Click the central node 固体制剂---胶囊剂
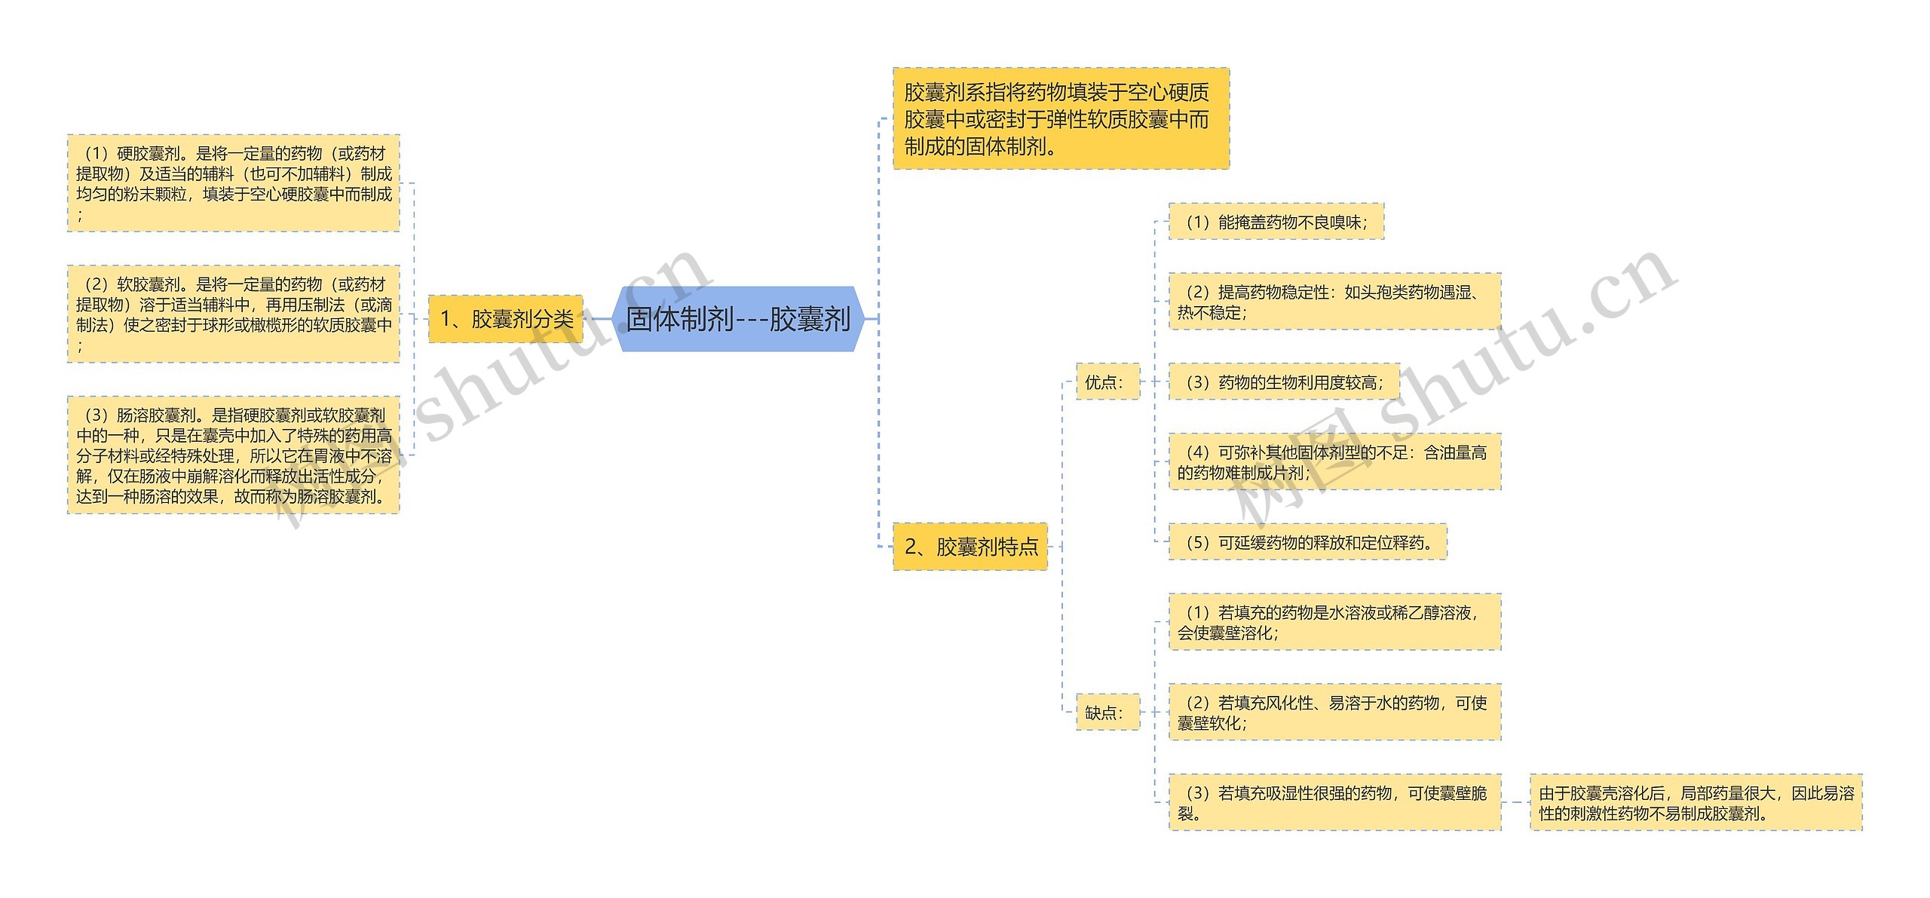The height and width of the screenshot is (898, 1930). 738,319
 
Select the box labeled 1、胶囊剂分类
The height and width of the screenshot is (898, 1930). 506,319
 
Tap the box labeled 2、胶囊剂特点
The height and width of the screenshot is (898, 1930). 970,546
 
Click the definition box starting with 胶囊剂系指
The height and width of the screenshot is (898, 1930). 1061,119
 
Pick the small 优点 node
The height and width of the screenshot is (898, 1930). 1107,382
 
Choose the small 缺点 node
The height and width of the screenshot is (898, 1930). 1107,712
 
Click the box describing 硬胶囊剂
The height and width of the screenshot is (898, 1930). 233,183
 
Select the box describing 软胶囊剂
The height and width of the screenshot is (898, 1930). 233,314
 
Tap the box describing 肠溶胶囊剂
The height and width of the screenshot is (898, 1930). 233,455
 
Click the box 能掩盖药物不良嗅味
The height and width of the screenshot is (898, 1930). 1276,222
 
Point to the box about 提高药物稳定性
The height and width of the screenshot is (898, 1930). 1334,302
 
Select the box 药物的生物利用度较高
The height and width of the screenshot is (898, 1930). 1283,382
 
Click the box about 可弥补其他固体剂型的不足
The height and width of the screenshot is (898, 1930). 1334,461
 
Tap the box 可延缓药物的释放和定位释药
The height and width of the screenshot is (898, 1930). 1307,541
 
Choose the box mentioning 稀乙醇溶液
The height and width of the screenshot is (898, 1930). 1334,622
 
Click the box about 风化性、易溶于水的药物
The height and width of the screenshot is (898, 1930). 1334,712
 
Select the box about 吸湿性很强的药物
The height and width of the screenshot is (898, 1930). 1334,802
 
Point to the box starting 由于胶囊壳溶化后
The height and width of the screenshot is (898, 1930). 1696,802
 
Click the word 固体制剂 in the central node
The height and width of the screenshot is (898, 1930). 679,319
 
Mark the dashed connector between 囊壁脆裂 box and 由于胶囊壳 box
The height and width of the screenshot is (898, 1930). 1515,802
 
